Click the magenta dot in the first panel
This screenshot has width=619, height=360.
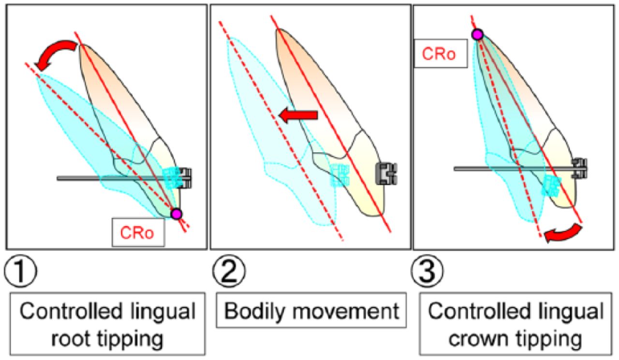(x=177, y=213)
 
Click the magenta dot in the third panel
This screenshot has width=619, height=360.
(x=477, y=34)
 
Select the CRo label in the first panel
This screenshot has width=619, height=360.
(x=138, y=232)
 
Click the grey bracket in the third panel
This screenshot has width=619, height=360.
(x=580, y=168)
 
